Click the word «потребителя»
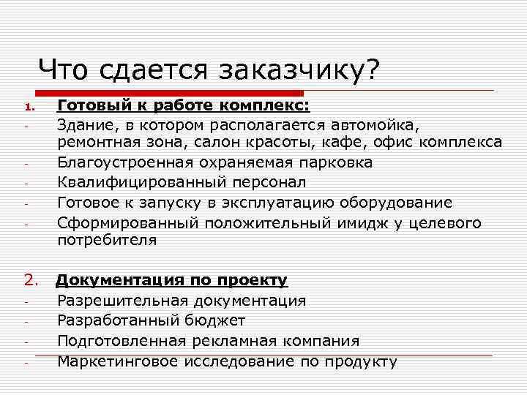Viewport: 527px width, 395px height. point(107,240)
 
